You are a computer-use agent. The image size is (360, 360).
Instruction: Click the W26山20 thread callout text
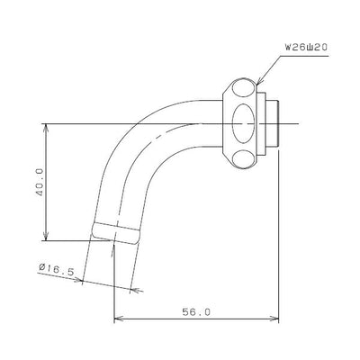(306, 48)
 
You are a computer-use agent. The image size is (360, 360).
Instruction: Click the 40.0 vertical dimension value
(40, 182)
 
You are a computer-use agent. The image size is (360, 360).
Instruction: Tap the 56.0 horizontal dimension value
(196, 312)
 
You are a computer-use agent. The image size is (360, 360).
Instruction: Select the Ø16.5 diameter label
(56, 269)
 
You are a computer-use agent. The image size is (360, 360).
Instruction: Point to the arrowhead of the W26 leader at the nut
(260, 81)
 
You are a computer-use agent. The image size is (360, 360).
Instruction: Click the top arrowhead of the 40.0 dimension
(46, 129)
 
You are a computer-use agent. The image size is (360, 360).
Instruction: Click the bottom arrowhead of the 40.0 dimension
(46, 236)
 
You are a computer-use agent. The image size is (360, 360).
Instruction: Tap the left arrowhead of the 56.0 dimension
(119, 318)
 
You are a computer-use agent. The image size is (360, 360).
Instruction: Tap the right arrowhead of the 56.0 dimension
(274, 318)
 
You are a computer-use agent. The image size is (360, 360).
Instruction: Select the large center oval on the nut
(244, 123)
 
